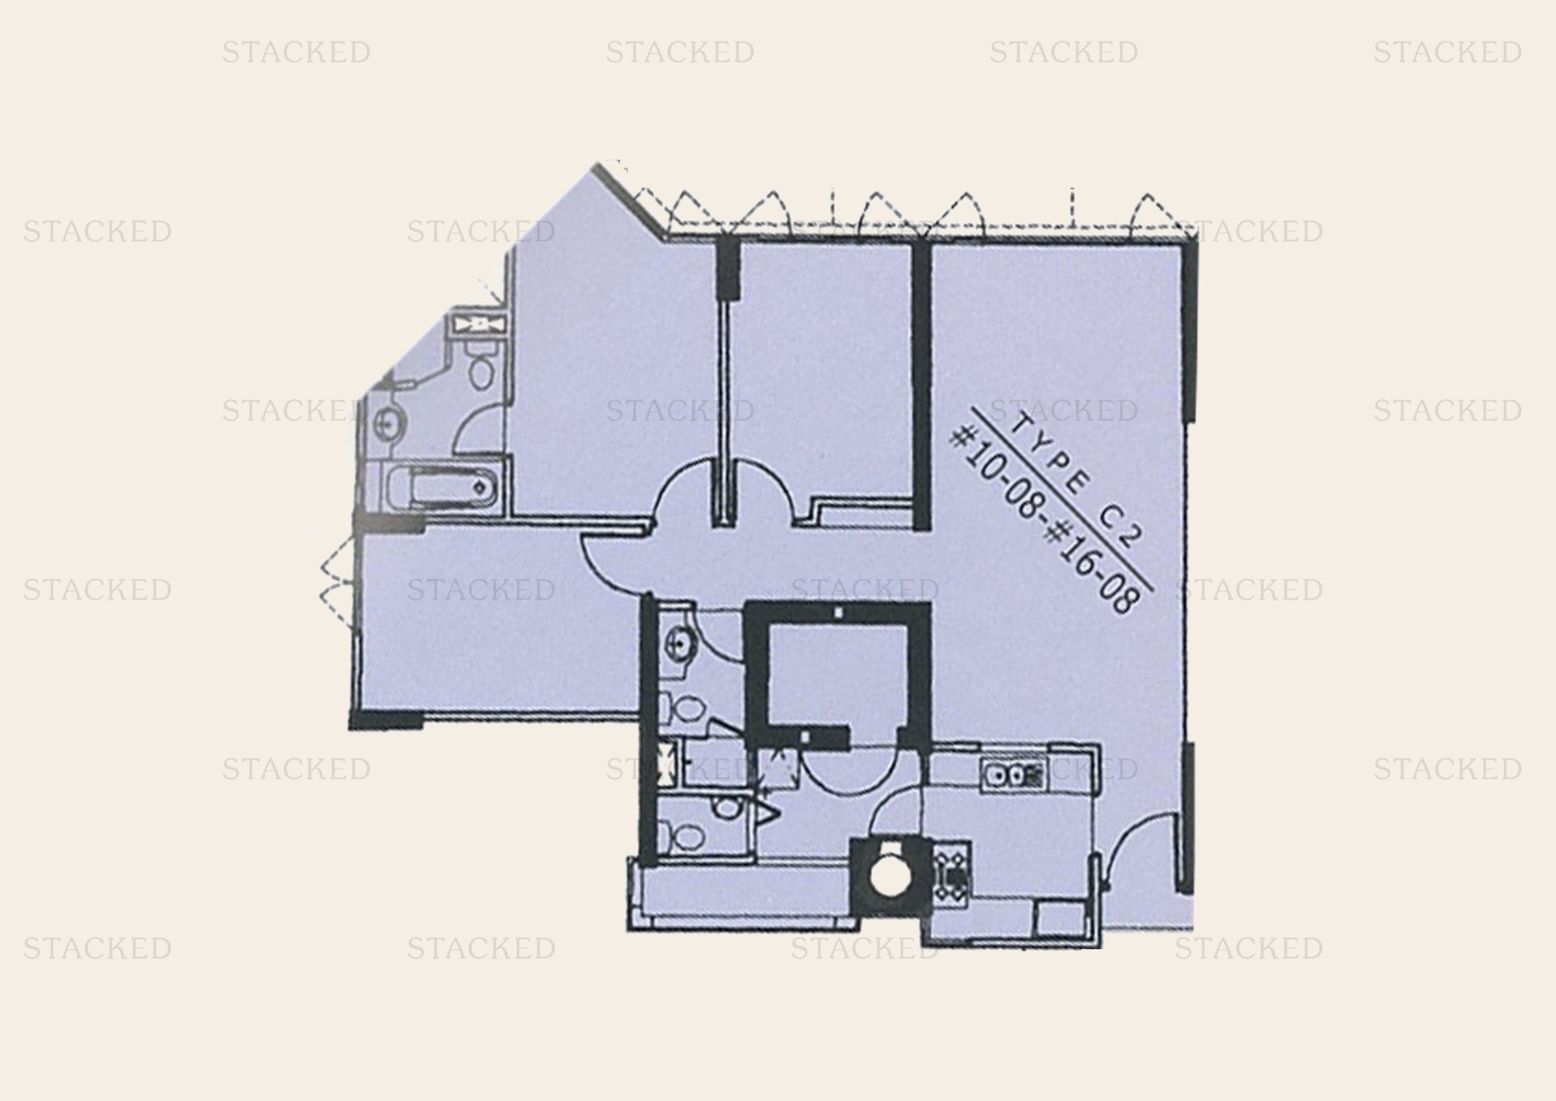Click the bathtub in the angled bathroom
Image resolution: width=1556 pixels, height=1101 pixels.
pos(444,487)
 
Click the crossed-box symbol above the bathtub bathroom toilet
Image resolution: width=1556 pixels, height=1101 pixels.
pos(479,325)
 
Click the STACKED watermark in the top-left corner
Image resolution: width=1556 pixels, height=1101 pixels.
pos(296,52)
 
